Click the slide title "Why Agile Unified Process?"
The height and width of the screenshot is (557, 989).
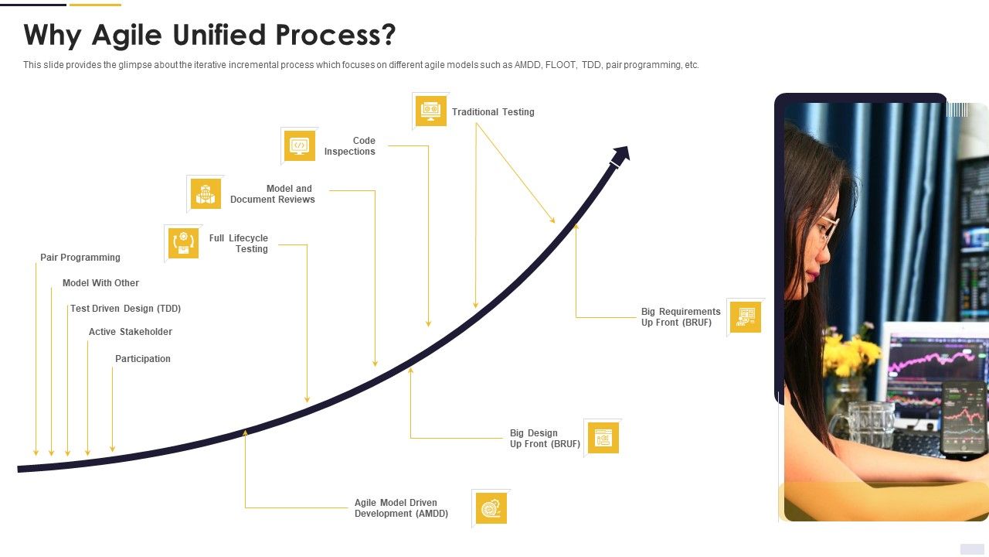209,36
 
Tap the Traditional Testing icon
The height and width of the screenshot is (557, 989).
431,111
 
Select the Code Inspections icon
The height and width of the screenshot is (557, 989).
300,145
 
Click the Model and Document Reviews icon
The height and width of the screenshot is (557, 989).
206,194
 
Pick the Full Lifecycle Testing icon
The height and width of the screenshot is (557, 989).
183,243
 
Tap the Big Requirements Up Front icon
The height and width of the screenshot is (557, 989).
745,317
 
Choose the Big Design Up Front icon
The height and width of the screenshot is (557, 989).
603,438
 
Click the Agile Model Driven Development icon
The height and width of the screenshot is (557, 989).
491,508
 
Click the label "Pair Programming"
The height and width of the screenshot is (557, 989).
80,258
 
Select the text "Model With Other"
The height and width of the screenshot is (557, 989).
100,283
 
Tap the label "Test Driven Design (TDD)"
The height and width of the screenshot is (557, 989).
125,309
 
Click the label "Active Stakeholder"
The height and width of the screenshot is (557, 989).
131,332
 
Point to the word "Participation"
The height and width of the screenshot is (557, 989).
143,359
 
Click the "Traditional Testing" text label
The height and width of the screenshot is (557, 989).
493,112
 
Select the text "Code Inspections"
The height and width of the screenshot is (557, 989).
350,146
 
